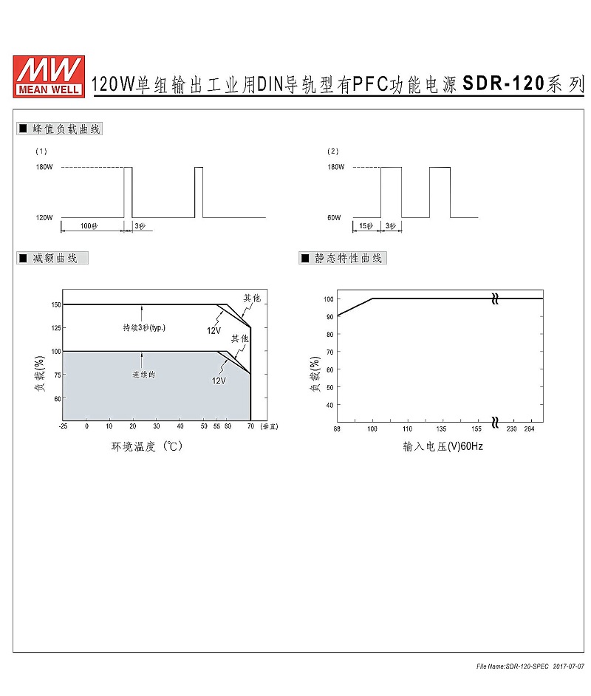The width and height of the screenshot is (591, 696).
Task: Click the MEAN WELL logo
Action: coord(49,76)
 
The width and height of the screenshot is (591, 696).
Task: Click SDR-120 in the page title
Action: coord(503,83)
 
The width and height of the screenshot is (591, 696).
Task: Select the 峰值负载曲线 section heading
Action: coord(66,129)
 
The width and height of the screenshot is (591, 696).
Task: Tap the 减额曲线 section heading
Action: coord(55,259)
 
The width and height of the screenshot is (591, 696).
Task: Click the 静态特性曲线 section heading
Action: coord(348,259)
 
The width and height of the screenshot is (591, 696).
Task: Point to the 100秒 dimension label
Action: coord(89,226)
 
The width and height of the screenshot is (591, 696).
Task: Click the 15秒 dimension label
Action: coord(366,226)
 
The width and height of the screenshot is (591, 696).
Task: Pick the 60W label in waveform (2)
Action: coord(334,217)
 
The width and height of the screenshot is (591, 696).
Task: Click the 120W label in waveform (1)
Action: coord(44,217)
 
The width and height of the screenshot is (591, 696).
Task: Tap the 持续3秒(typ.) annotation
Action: coord(144,327)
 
